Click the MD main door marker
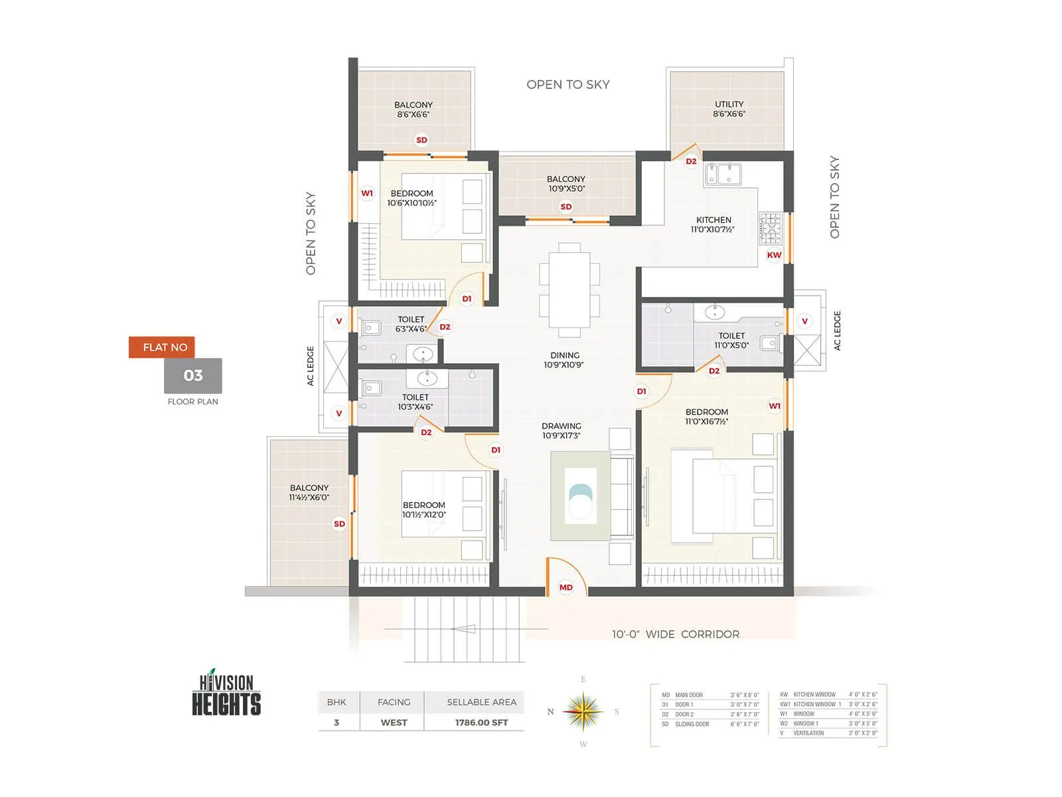(x=566, y=587)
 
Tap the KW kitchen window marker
(x=774, y=255)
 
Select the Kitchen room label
(x=713, y=224)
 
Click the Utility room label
(x=729, y=109)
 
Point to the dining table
(x=569, y=290)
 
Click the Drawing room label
(x=562, y=430)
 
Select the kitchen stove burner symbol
(x=771, y=227)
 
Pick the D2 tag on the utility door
(x=691, y=161)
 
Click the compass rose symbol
(x=583, y=711)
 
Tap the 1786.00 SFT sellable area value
(x=481, y=723)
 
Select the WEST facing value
(x=394, y=723)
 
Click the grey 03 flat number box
(x=193, y=376)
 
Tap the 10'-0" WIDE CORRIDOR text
(x=675, y=634)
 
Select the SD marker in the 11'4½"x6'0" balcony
(x=339, y=524)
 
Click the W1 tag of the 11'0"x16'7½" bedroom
(x=775, y=406)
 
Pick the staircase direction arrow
(x=464, y=629)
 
